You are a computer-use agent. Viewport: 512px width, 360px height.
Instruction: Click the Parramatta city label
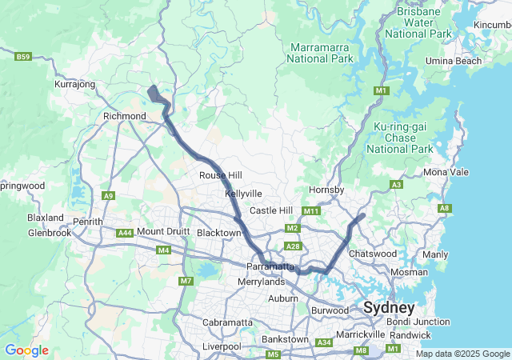pos(271,266)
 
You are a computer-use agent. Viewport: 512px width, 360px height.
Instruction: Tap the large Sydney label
pos(389,308)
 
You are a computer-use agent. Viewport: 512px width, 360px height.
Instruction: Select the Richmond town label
pos(122,116)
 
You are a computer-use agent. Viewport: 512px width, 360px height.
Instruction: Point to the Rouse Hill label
pos(221,175)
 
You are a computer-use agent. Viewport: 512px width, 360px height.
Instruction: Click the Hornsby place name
pos(326,190)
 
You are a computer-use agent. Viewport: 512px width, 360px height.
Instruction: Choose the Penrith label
pos(88,222)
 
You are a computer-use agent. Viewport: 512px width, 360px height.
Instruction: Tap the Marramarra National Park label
pos(322,53)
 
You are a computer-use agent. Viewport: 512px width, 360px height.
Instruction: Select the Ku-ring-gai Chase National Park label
pos(403,138)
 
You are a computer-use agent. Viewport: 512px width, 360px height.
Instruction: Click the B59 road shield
pos(23,57)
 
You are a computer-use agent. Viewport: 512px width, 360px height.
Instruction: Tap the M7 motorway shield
pos(186,281)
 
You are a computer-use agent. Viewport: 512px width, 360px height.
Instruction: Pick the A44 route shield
pos(124,233)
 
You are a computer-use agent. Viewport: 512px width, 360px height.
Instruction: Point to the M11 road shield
pos(311,211)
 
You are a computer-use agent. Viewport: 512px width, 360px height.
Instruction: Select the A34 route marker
pos(324,342)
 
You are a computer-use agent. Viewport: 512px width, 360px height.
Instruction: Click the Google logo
pos(26,350)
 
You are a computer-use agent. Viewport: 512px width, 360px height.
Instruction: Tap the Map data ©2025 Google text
pos(462,354)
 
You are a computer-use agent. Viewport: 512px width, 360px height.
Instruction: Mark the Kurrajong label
pos(75,84)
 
